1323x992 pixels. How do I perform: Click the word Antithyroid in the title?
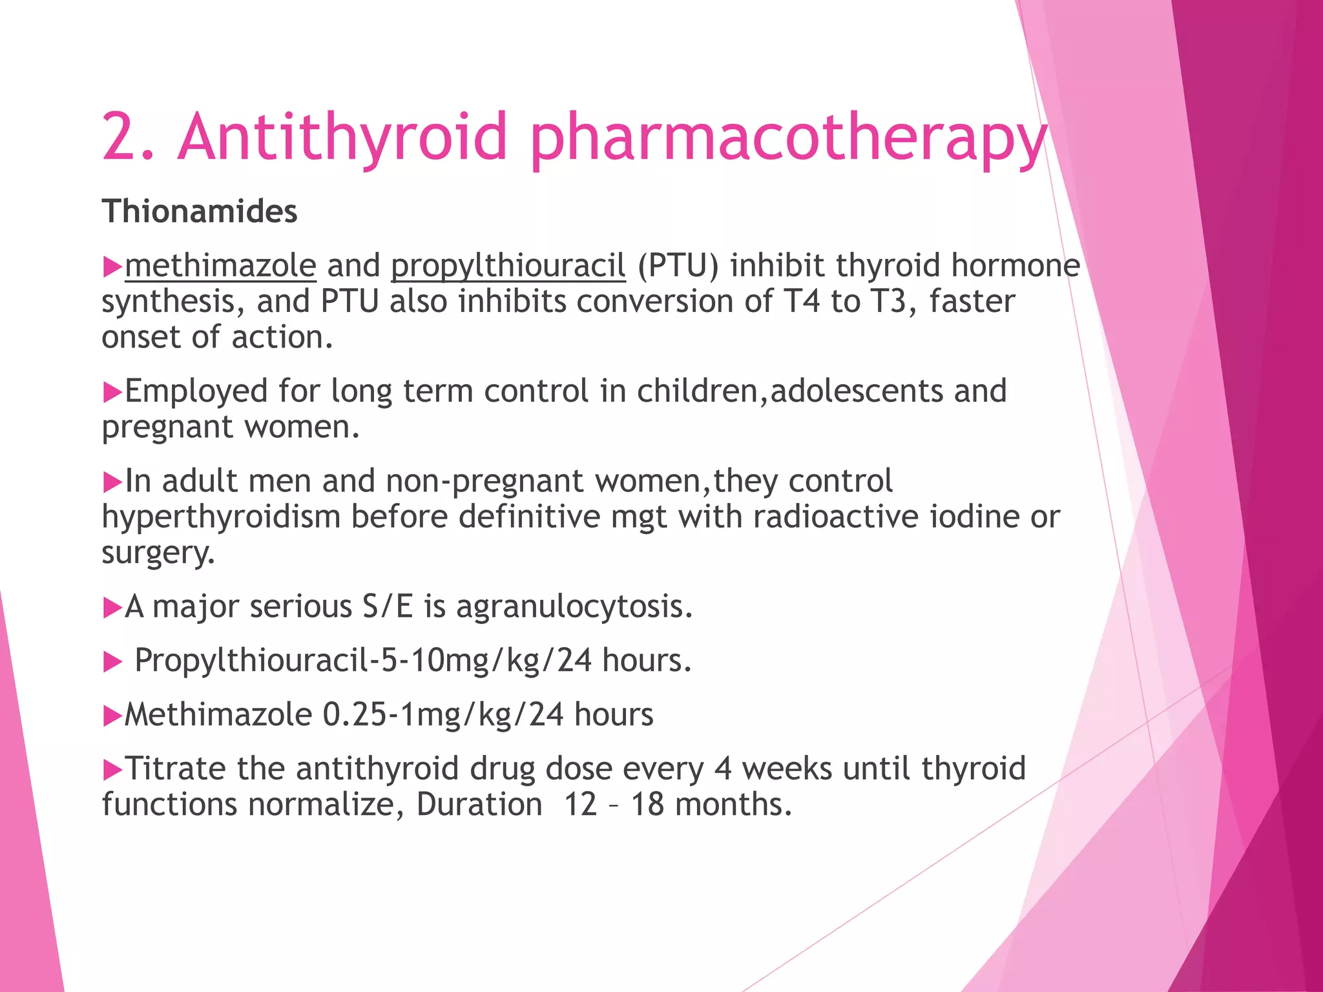point(342,136)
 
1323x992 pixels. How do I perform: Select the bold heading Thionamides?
point(200,211)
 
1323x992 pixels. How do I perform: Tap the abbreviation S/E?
point(388,606)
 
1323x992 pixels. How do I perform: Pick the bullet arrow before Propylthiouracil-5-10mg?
point(112,662)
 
